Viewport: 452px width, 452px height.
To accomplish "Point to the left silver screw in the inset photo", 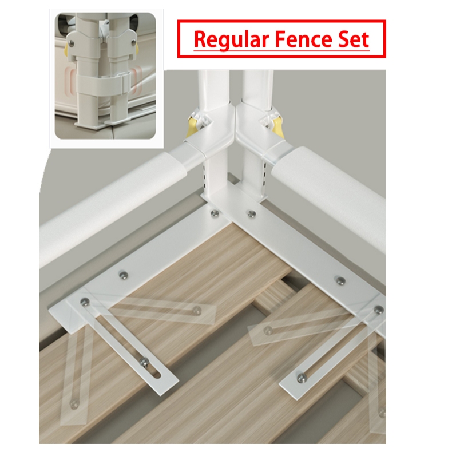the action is [x=72, y=43].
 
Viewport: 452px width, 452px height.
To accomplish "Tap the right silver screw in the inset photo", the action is [x=133, y=42].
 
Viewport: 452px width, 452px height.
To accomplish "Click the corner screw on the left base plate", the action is [x=214, y=213].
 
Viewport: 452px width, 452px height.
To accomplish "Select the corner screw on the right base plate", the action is [x=252, y=213].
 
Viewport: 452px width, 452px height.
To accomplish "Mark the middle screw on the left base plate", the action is [x=124, y=275].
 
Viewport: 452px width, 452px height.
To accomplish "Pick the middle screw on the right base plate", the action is [x=341, y=280].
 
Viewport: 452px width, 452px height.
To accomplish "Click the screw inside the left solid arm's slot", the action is [x=144, y=362].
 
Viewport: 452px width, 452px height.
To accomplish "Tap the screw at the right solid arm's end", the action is [x=302, y=376].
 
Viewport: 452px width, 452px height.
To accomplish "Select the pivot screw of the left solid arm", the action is [x=85, y=302].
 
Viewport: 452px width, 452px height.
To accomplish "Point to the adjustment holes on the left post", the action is [x=205, y=176].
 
